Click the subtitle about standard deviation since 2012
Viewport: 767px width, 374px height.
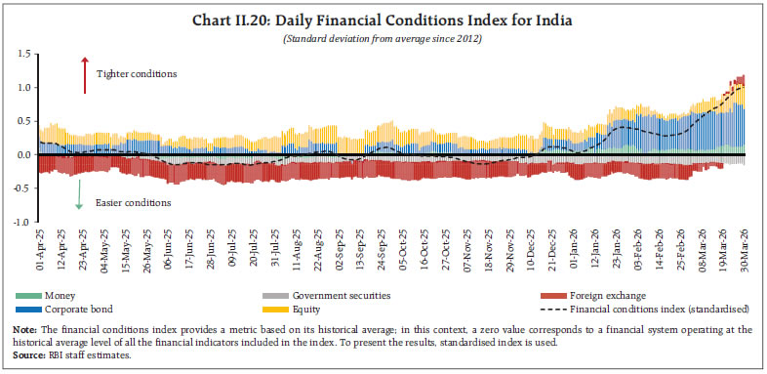coord(383,37)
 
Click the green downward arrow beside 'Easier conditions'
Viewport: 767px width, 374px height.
coord(79,199)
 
